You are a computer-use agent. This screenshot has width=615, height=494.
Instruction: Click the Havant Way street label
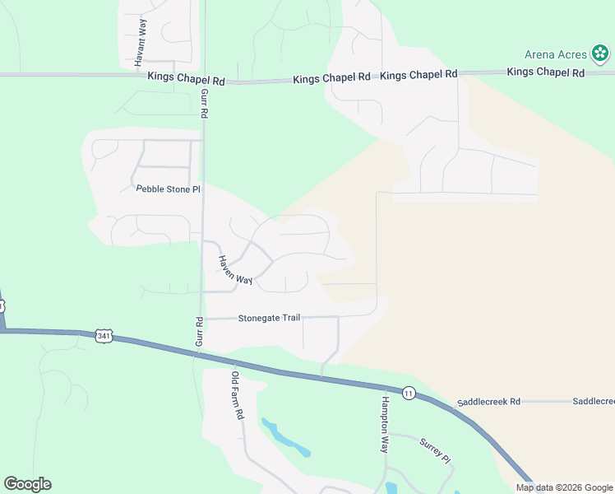[141, 42]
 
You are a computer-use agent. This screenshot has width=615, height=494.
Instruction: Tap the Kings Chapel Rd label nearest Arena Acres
[545, 72]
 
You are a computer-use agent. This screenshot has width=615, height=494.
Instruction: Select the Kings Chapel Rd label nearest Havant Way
[186, 77]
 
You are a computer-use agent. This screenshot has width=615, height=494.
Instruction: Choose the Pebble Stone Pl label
[168, 189]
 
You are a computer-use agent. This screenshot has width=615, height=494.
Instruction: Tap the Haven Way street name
[235, 269]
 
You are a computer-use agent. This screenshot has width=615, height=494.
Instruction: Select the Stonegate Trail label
[275, 318]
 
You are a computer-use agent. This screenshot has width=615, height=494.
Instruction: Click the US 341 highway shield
[103, 336]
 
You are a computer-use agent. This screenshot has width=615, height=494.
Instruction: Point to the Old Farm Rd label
[237, 395]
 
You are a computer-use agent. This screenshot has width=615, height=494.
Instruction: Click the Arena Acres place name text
[556, 55]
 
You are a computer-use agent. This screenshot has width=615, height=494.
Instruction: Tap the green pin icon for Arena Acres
[600, 54]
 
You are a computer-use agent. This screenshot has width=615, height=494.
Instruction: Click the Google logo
[27, 484]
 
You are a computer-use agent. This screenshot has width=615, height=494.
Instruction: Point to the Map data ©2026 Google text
[564, 487]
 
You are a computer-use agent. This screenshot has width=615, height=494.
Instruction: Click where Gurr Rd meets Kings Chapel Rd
[203, 79]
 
